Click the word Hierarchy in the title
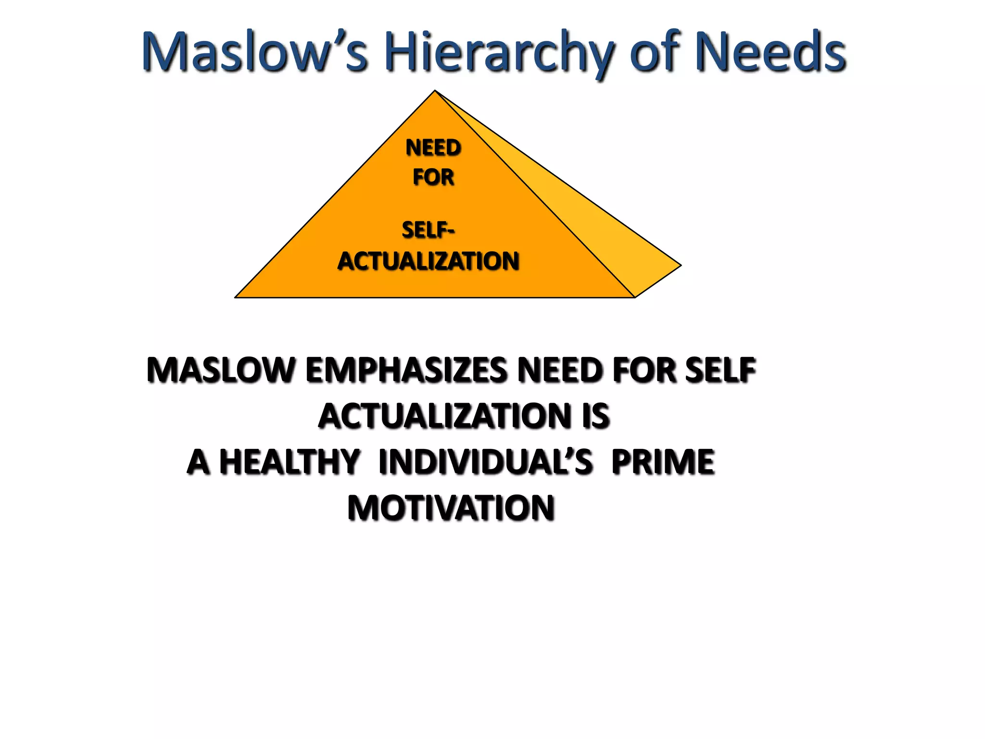click(500, 53)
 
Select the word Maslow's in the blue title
click(255, 52)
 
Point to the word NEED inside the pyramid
click(433, 147)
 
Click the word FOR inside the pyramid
click(433, 177)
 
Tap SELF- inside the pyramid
click(428, 230)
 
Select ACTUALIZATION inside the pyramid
click(428, 261)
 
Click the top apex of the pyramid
click(435, 91)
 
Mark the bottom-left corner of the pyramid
click(236, 297)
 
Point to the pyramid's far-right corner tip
click(680, 265)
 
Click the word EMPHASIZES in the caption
click(405, 370)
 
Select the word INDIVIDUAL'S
click(486, 462)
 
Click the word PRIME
click(663, 462)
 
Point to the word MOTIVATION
click(451, 508)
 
